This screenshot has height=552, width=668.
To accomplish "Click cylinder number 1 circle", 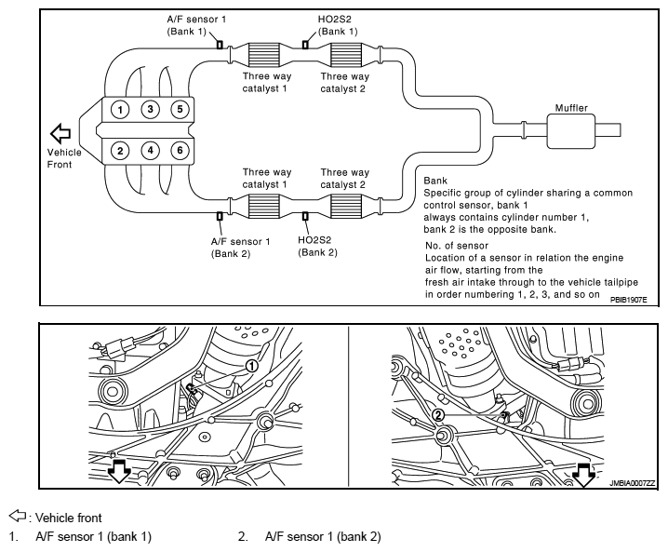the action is pos(120,110).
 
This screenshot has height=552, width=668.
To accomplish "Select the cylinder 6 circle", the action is pos(180,150).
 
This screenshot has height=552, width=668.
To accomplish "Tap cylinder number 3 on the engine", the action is pos(150,110).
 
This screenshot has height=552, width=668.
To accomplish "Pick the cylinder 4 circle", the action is pos(150,150).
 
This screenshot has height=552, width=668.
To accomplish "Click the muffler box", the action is pos(571,131).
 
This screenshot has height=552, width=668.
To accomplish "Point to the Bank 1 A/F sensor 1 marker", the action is pos(220,45).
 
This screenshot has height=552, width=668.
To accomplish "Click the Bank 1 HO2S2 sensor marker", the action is pos(305,45).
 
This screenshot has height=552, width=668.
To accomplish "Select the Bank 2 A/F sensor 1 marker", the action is pos(220,216).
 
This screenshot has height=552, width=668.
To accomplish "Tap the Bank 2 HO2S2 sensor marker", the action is pos(305,216).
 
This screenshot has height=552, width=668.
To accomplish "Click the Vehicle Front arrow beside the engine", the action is pos(60,133).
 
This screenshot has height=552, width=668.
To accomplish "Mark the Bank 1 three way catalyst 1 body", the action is pos(264,55).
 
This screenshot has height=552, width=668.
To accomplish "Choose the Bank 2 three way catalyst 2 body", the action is pos(346,206).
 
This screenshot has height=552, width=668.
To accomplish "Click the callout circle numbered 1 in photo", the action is pos(252,365).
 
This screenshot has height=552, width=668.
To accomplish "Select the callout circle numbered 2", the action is pos(438,415).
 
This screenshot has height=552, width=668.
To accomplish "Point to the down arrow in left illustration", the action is pos(118,471).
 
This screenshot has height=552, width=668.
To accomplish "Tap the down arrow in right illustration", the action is pos(583,475).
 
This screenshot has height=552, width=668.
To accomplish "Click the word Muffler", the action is pos(571,108).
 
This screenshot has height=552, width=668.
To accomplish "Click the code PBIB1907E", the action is pos(628,300).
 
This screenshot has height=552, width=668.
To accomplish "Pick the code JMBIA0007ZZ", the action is pos(633,483).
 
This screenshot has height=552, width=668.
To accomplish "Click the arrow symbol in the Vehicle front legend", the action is pos(18,516).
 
